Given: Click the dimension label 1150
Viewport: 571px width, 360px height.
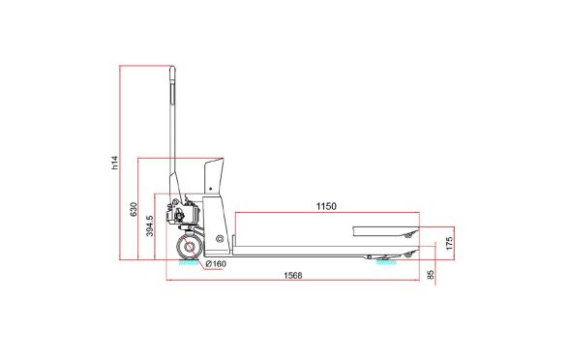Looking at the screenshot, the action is [x=326, y=206].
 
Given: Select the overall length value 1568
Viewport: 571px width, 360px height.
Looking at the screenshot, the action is [x=293, y=275].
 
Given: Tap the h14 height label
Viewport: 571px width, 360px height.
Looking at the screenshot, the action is [x=115, y=163].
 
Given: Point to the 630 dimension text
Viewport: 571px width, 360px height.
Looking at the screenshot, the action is [x=134, y=209].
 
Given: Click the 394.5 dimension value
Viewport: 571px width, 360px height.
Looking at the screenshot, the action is [x=150, y=225].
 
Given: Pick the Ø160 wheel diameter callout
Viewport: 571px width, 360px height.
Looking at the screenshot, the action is [x=216, y=263].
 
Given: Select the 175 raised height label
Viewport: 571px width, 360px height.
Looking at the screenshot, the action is [x=449, y=243].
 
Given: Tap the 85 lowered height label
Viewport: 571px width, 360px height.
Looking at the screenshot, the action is [x=431, y=275].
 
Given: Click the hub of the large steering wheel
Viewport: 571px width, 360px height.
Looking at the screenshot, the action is [x=189, y=247].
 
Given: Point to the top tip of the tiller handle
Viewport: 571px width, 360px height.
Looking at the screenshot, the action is [x=172, y=67].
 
